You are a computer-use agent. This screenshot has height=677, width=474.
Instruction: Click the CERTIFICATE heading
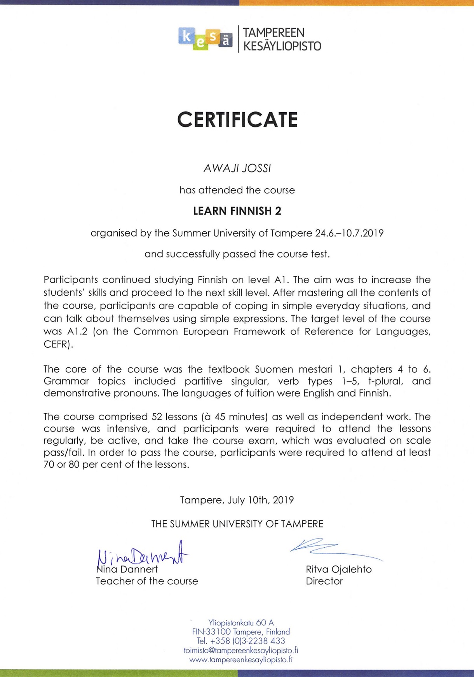237,120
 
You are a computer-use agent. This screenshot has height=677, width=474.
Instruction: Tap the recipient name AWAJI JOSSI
237,169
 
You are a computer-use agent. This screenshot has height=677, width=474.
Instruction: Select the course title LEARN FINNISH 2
237,211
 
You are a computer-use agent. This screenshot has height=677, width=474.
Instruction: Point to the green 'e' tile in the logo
200,43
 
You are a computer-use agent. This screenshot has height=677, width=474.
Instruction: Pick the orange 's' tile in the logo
213,37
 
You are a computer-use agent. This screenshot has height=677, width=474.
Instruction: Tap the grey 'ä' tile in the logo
226,40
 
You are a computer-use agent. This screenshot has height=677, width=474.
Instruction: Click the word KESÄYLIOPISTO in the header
282,46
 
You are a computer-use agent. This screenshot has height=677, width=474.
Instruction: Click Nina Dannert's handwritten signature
142,554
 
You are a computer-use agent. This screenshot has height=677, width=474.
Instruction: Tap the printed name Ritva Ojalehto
339,569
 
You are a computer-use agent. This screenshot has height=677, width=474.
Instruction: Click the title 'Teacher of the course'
147,581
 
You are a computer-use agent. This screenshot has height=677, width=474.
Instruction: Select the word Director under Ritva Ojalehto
324,581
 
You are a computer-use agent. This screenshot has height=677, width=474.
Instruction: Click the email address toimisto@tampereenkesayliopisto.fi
241,650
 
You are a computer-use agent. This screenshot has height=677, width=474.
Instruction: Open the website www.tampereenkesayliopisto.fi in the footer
241,660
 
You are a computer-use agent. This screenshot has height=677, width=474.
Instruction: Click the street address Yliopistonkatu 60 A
241,623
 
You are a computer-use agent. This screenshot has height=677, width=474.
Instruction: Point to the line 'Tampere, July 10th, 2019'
237,500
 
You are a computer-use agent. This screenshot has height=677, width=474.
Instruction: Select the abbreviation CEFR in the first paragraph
57,345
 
